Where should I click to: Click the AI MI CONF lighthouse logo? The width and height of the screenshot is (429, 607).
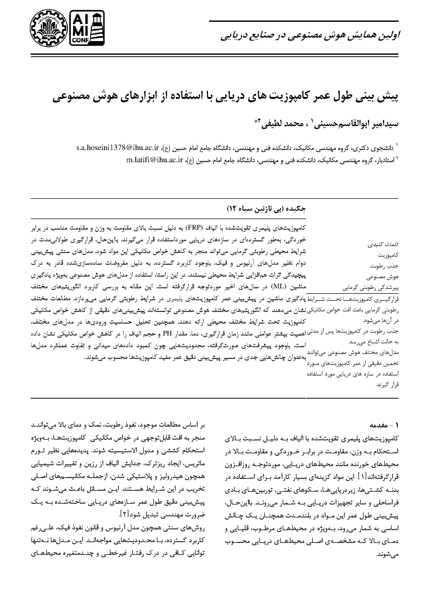pyautogui.click(x=87, y=28)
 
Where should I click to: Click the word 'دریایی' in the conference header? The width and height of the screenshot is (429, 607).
pyautogui.click(x=232, y=36)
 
